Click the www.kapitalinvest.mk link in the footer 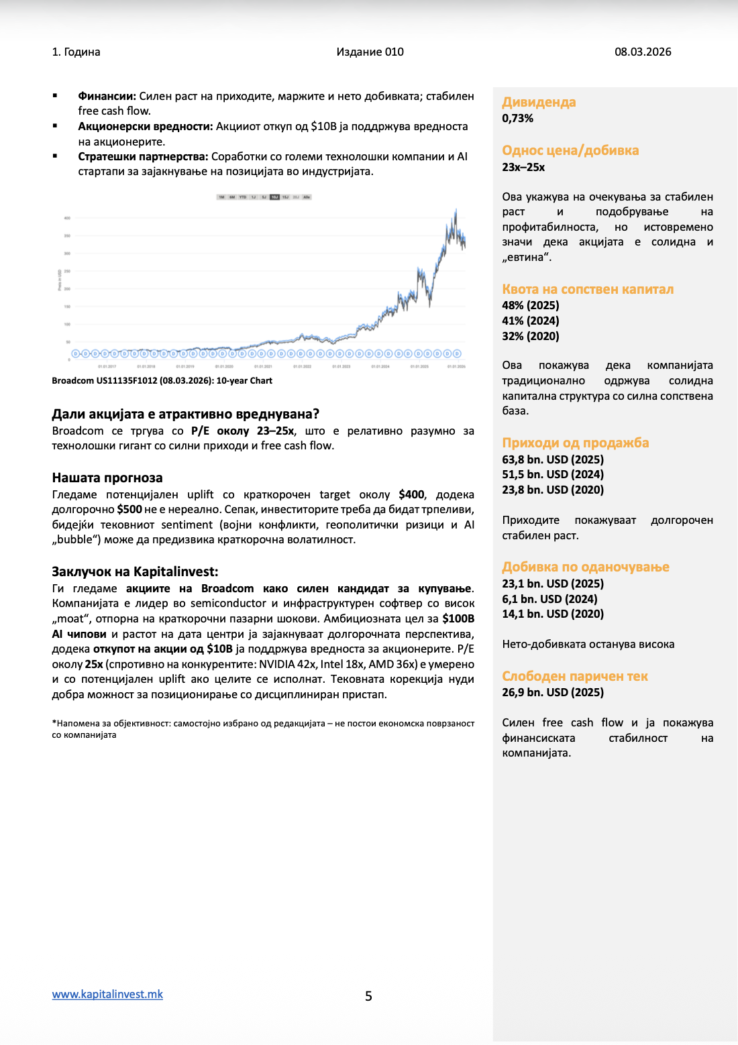click(107, 994)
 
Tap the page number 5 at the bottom click(368, 996)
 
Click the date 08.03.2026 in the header click(643, 52)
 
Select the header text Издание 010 click(370, 52)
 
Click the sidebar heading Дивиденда click(539, 102)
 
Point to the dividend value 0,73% click(517, 118)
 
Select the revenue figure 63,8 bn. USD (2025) click(553, 459)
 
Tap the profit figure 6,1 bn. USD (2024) click(549, 599)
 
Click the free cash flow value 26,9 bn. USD click(553, 692)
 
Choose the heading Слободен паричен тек click(575, 676)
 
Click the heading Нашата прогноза click(107, 478)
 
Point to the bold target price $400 click(411, 494)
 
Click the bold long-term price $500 click(129, 509)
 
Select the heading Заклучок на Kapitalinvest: click(135, 571)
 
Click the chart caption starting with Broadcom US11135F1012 click(162, 380)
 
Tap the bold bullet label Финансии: click(107, 96)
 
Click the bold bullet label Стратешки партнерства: click(143, 156)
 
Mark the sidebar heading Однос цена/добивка click(570, 150)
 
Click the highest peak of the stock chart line click(456, 210)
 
